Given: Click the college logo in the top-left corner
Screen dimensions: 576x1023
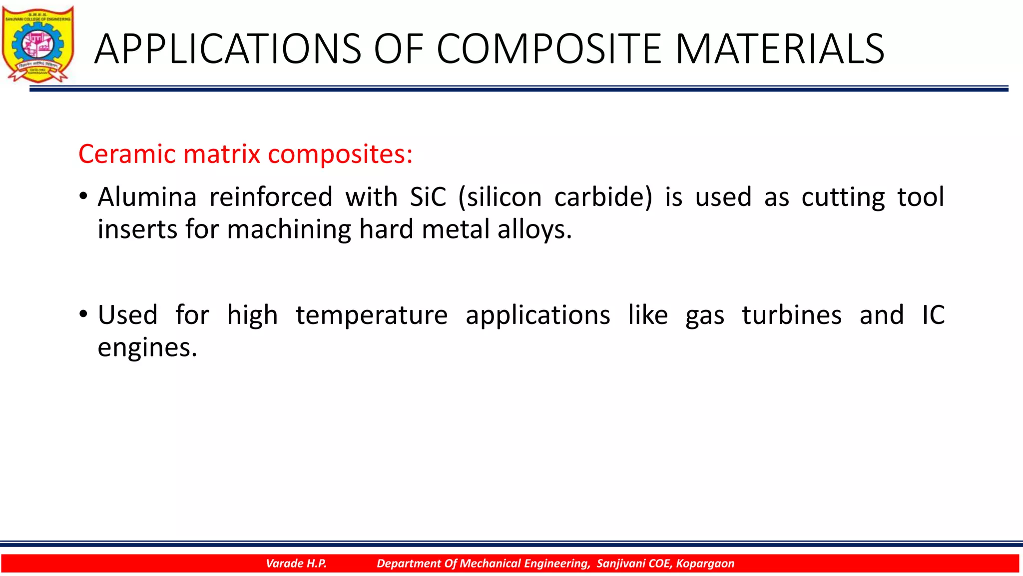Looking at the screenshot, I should pos(38,44).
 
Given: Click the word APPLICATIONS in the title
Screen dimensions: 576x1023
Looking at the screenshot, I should pos(227,49).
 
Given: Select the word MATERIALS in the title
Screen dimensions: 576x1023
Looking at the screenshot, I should pos(780,49).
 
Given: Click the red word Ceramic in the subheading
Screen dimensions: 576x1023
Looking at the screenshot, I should pos(127,154).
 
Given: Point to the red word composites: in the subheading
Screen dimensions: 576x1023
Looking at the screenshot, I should pos(340,154).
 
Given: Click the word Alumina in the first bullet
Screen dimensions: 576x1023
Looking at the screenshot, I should pos(147,197).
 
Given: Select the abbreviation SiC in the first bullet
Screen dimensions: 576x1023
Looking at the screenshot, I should pos(428,197).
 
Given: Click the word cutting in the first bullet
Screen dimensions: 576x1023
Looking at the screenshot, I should pos(843,197).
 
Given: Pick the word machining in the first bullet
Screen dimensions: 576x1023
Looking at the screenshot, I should pos(289,230).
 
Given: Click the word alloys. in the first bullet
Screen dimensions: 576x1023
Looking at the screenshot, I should pos(534,230).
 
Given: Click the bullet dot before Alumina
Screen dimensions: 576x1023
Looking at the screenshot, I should pos(83,196).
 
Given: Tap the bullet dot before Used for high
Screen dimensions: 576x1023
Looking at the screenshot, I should pos(83,314).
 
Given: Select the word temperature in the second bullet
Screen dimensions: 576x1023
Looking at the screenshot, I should pos(372,315).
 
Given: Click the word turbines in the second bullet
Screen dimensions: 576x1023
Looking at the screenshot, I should pos(792,315).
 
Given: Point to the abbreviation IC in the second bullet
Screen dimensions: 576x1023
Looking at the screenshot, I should pos(933,315).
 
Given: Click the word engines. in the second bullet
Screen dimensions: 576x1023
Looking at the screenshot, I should pos(147,348).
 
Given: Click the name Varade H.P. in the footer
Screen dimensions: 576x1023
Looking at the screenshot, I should pos(296,563).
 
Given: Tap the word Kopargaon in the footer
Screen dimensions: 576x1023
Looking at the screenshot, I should pos(705,563).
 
